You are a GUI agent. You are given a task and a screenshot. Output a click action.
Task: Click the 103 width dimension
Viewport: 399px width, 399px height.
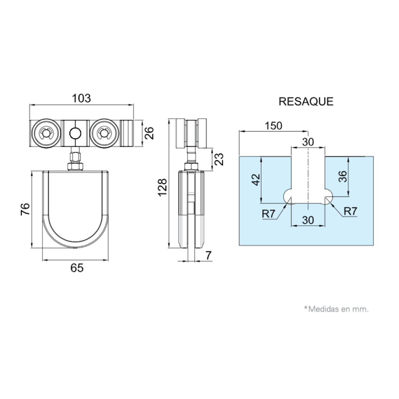pyautogui.click(x=81, y=98)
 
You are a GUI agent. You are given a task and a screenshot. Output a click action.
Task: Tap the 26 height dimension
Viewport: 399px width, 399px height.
pyautogui.click(x=149, y=133)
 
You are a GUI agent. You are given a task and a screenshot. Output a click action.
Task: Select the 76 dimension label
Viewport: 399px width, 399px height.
pyautogui.click(x=25, y=209)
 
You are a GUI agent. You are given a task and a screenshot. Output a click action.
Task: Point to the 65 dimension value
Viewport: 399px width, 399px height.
pyautogui.click(x=77, y=268)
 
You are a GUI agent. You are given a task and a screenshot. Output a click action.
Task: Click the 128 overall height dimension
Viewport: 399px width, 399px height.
pyautogui.click(x=163, y=188)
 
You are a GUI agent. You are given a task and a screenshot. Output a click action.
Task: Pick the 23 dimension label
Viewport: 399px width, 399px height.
pyautogui.click(x=219, y=159)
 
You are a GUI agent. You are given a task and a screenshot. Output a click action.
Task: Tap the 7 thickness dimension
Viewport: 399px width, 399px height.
pyautogui.click(x=208, y=255)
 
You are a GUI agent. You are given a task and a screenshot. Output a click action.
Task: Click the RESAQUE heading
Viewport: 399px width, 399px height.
pyautogui.click(x=306, y=101)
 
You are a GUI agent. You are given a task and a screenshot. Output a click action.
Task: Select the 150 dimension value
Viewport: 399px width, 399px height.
pyautogui.click(x=273, y=126)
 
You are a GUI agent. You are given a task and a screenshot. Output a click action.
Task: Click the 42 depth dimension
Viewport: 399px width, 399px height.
pyautogui.click(x=256, y=180)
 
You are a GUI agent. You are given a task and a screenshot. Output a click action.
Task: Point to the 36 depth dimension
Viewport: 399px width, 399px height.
pyautogui.click(x=343, y=176)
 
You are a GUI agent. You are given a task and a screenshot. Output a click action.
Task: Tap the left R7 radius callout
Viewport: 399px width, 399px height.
pyautogui.click(x=269, y=214)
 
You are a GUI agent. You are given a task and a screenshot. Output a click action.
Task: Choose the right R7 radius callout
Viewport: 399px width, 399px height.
pyautogui.click(x=350, y=211)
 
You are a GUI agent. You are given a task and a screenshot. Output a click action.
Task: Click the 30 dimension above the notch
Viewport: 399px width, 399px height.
pyautogui.click(x=308, y=142)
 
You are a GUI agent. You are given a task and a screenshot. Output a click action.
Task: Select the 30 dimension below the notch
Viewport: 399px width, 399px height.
pyautogui.click(x=308, y=220)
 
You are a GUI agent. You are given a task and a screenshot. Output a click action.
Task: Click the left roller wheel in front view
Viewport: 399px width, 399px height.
pyautogui.click(x=46, y=133)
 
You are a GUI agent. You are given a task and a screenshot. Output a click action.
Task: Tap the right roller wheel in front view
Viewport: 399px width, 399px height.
pyautogui.click(x=104, y=133)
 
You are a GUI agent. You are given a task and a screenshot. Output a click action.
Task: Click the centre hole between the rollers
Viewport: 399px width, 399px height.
pyautogui.click(x=75, y=133)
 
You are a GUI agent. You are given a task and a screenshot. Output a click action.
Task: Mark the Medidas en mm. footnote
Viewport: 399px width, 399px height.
pyautogui.click(x=336, y=309)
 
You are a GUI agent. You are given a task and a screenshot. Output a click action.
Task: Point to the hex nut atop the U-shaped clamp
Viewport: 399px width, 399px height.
pyautogui.click(x=75, y=167)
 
